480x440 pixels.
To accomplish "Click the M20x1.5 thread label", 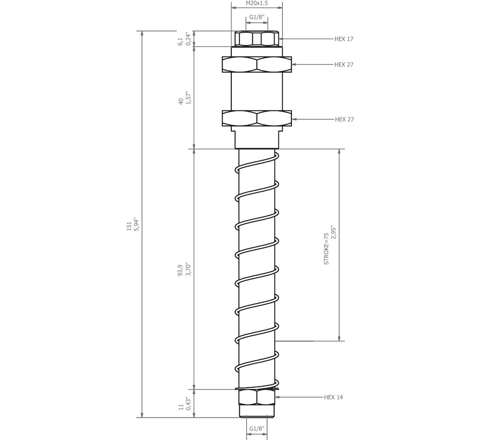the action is click(257, 3).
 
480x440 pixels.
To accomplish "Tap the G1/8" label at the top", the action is click(257, 17).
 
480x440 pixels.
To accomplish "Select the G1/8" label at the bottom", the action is click(257, 428).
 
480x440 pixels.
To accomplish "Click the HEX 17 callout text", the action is click(344, 39).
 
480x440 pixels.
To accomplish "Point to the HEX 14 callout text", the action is click(334, 397).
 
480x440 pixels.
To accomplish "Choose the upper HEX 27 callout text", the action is click(344, 65).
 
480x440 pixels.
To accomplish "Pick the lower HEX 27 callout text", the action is click(344, 119).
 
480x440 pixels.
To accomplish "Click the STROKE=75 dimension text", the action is click(326, 248).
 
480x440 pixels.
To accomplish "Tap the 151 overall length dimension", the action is click(129, 226).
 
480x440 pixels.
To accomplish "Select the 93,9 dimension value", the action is click(180, 270).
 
